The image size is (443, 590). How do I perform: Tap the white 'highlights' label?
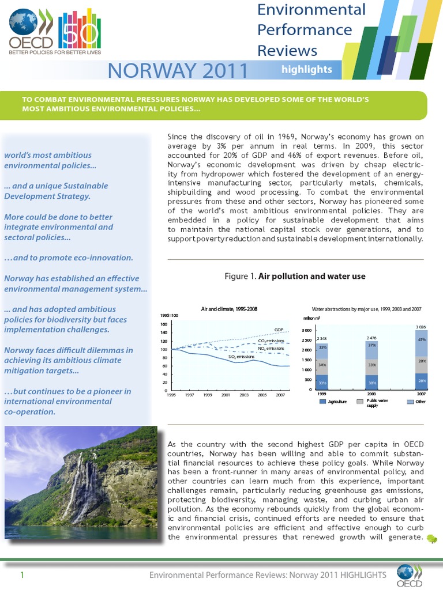[306, 70]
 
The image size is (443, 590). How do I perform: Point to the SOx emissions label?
[241, 357]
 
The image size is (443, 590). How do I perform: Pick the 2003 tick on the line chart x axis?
[244, 396]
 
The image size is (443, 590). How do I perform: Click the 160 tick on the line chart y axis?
[163, 324]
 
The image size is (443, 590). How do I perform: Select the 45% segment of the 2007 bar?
[422, 339]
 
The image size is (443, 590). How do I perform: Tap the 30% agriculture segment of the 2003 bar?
[372, 382]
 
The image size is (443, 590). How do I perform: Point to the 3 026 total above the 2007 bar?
[422, 327]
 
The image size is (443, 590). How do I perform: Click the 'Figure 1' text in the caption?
[239, 277]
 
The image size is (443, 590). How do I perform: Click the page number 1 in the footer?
[21, 575]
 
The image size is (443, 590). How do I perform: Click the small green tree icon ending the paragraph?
[432, 539]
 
